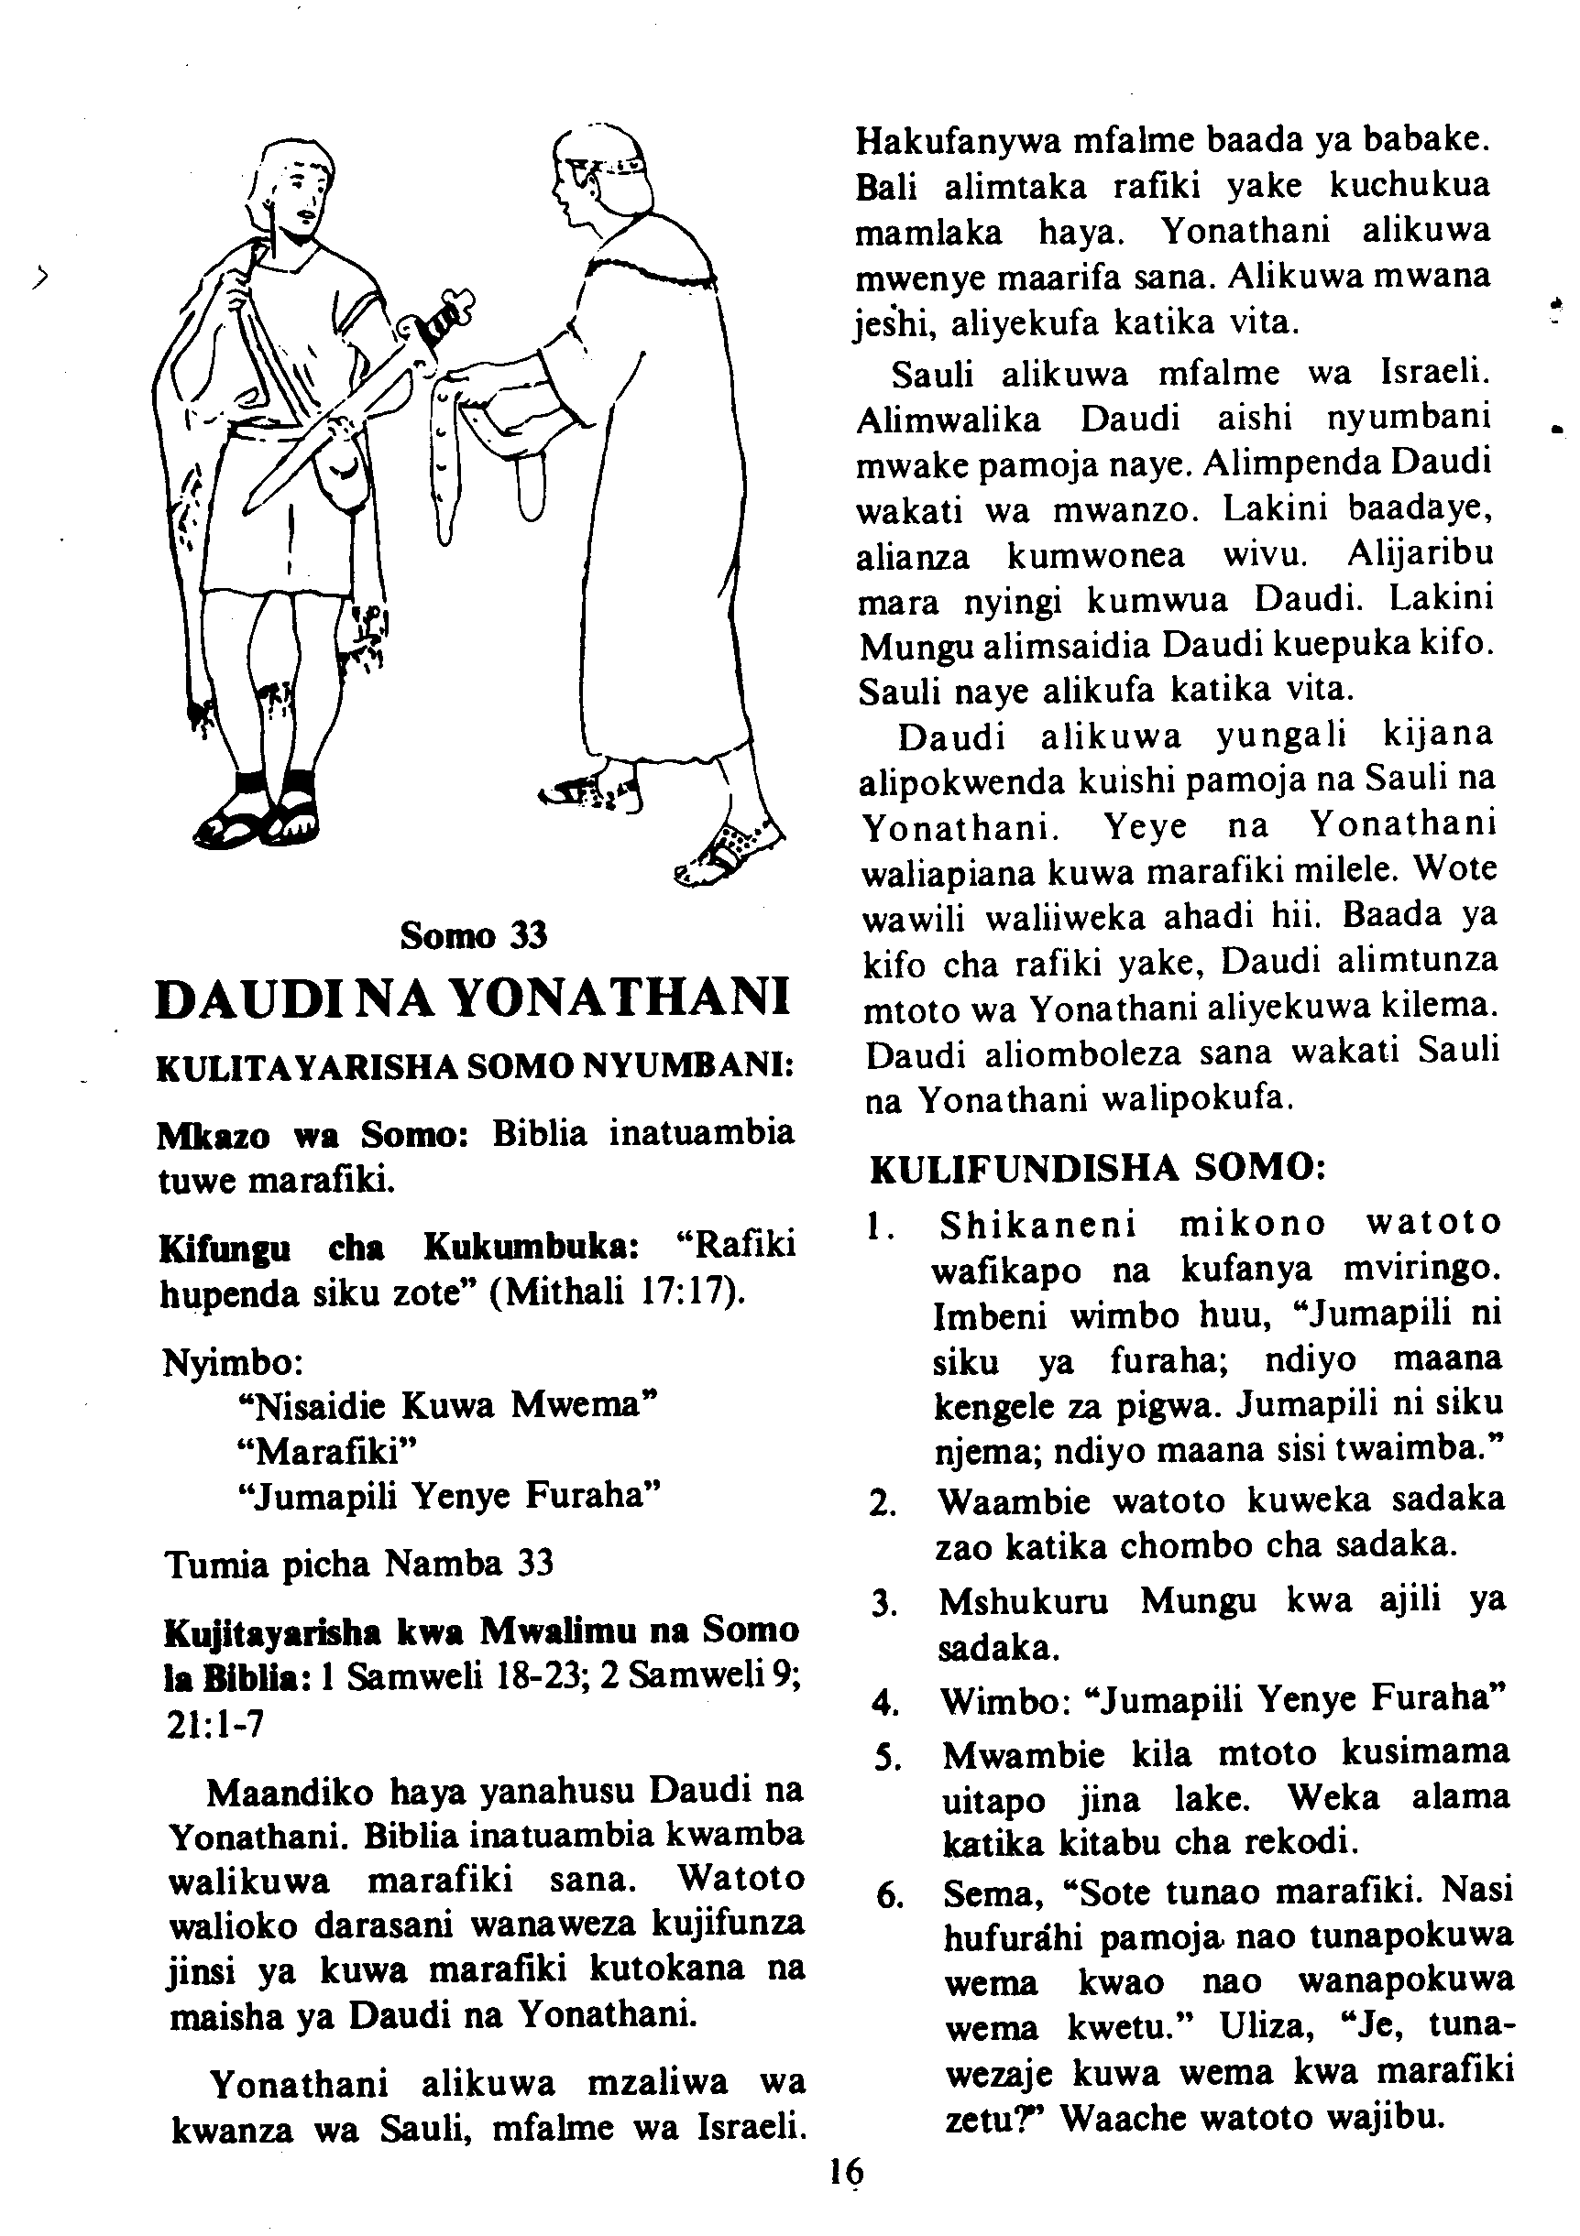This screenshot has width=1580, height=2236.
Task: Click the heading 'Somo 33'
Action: (x=474, y=936)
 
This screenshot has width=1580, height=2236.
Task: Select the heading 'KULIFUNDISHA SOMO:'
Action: (x=1097, y=1169)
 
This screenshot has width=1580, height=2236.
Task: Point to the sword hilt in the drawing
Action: (x=444, y=318)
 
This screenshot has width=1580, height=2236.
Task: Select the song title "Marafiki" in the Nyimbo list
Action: (x=325, y=1451)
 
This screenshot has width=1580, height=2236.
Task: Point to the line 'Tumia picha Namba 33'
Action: (x=358, y=1564)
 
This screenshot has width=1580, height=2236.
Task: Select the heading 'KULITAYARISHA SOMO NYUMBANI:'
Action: (x=475, y=1068)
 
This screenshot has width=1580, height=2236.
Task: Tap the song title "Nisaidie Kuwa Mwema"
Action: (x=447, y=1405)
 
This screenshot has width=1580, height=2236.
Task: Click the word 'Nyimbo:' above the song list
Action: (x=233, y=1361)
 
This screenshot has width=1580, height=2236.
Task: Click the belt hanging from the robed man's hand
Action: (x=444, y=458)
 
